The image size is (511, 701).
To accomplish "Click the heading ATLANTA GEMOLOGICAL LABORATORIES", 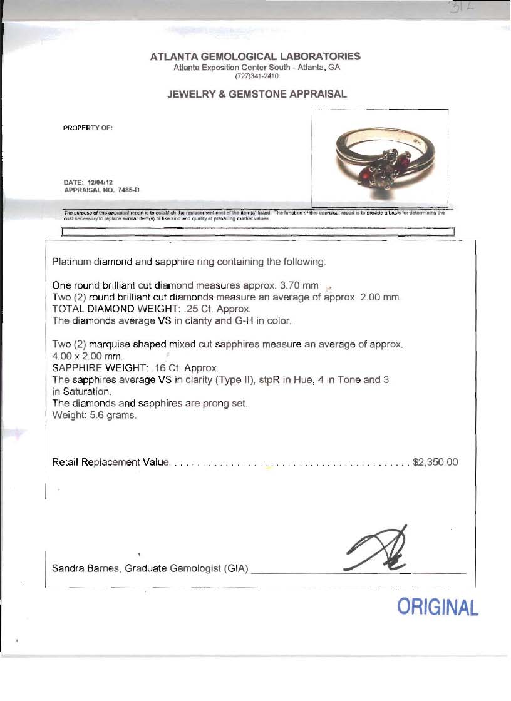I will (255, 56).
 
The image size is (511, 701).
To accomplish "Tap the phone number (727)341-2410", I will (255, 76).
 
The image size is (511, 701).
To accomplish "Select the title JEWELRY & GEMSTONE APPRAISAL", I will (257, 95).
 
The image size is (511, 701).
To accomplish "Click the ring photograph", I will (380, 159).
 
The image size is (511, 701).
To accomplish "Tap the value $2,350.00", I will (436, 463).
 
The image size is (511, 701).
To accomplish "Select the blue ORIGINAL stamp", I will (438, 607).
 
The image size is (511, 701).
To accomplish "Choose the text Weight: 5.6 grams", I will (94, 416).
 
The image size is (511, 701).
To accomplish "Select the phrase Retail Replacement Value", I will (111, 463).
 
